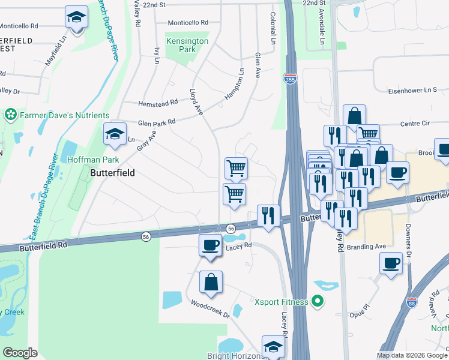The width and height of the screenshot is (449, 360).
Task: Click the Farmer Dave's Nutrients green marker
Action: click(x=10, y=114)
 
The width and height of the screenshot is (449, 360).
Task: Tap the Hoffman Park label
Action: click(x=93, y=160)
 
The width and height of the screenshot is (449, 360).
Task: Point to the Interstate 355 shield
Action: click(x=289, y=79)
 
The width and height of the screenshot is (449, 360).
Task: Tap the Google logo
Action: click(x=20, y=352)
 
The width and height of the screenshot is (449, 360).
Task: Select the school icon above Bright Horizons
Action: click(x=273, y=347)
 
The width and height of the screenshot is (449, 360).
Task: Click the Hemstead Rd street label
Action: click(x=158, y=103)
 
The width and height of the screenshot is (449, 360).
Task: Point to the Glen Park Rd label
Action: click(x=157, y=122)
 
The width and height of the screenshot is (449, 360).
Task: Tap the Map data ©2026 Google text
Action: click(x=411, y=355)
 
